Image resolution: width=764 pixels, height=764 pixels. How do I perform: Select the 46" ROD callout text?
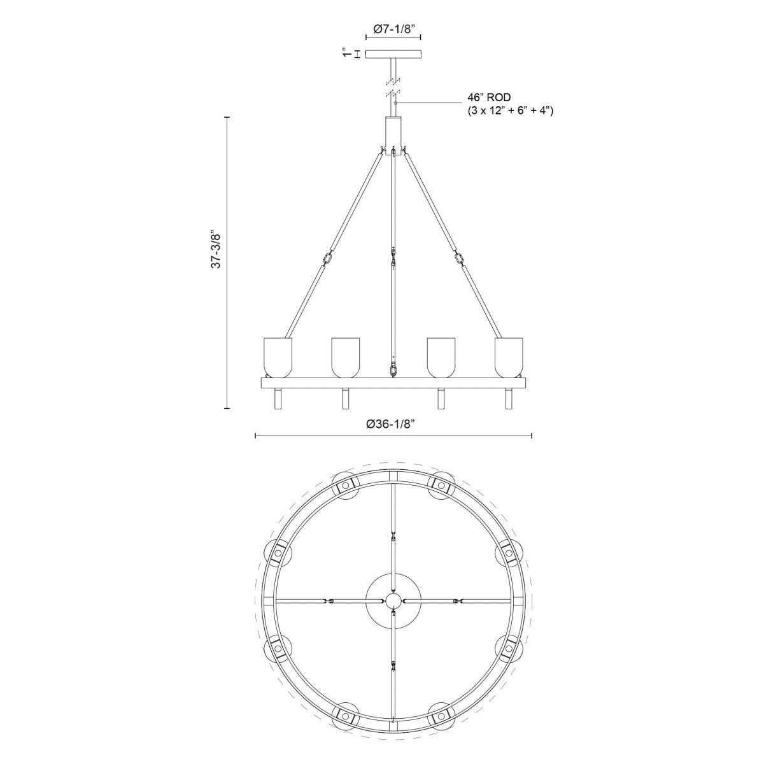coord(490,99)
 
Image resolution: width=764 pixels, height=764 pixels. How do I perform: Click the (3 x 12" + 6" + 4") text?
coord(510,111)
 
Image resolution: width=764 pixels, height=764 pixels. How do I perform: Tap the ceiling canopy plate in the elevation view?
coord(393,55)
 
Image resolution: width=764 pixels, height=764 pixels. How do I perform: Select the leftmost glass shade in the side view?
coord(278,357)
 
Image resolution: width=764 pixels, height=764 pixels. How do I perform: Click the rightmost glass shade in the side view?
coord(509,357)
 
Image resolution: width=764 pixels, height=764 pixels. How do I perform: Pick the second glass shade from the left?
coord(346,357)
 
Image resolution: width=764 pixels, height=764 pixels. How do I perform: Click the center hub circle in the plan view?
coord(393,600)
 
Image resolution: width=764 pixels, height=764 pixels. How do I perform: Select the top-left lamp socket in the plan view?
coord(346,486)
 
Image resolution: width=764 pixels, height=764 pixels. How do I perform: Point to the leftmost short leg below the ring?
coord(278,399)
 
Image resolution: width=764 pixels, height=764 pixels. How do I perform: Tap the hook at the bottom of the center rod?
coord(393,369)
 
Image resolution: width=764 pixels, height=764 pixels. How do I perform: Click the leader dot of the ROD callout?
coord(395,103)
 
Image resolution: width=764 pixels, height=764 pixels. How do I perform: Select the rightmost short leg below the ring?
coord(509,399)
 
